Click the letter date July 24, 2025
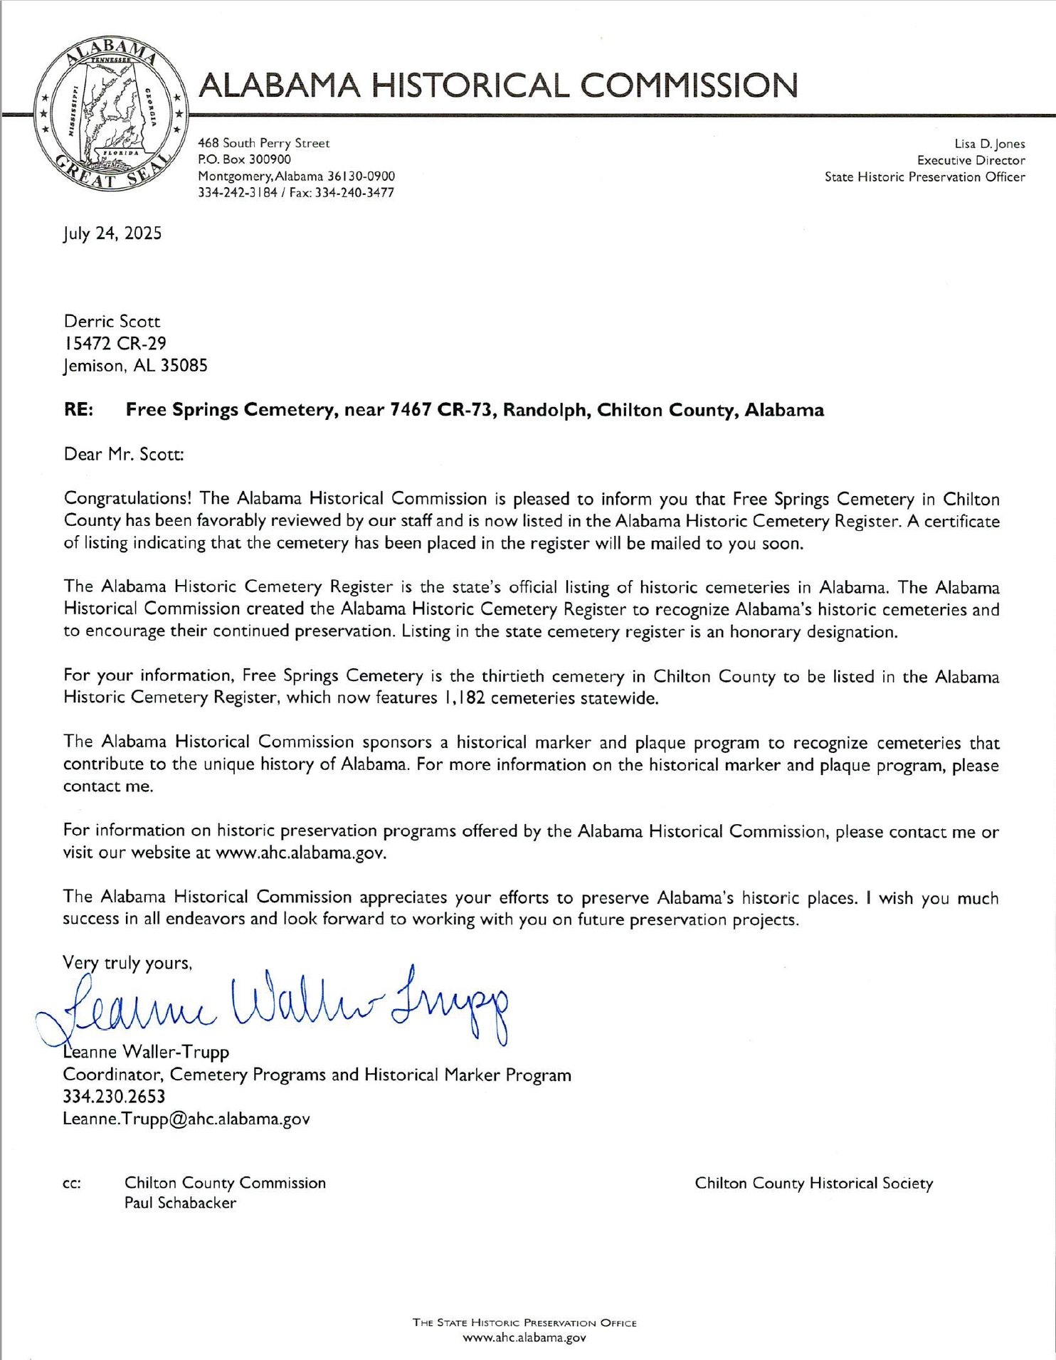click(112, 233)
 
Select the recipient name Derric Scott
click(112, 321)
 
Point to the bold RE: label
click(78, 410)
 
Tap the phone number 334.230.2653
click(114, 1097)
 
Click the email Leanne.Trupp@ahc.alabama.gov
click(186, 1119)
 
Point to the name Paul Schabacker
click(180, 1203)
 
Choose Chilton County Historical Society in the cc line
click(813, 1183)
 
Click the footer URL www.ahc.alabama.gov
click(524, 1338)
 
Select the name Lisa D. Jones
click(990, 144)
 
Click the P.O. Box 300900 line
click(244, 159)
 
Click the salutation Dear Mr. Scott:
click(124, 454)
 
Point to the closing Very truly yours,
click(127, 964)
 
